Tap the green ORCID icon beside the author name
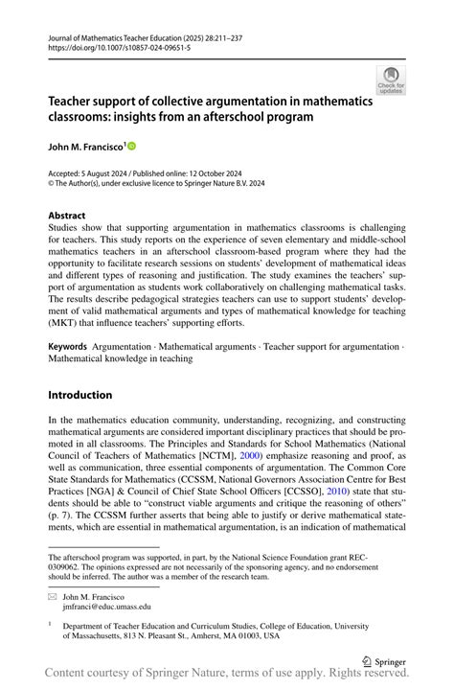point(131,146)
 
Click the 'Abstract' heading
point(66,216)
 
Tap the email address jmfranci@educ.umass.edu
point(106,606)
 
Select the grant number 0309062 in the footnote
point(68,565)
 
